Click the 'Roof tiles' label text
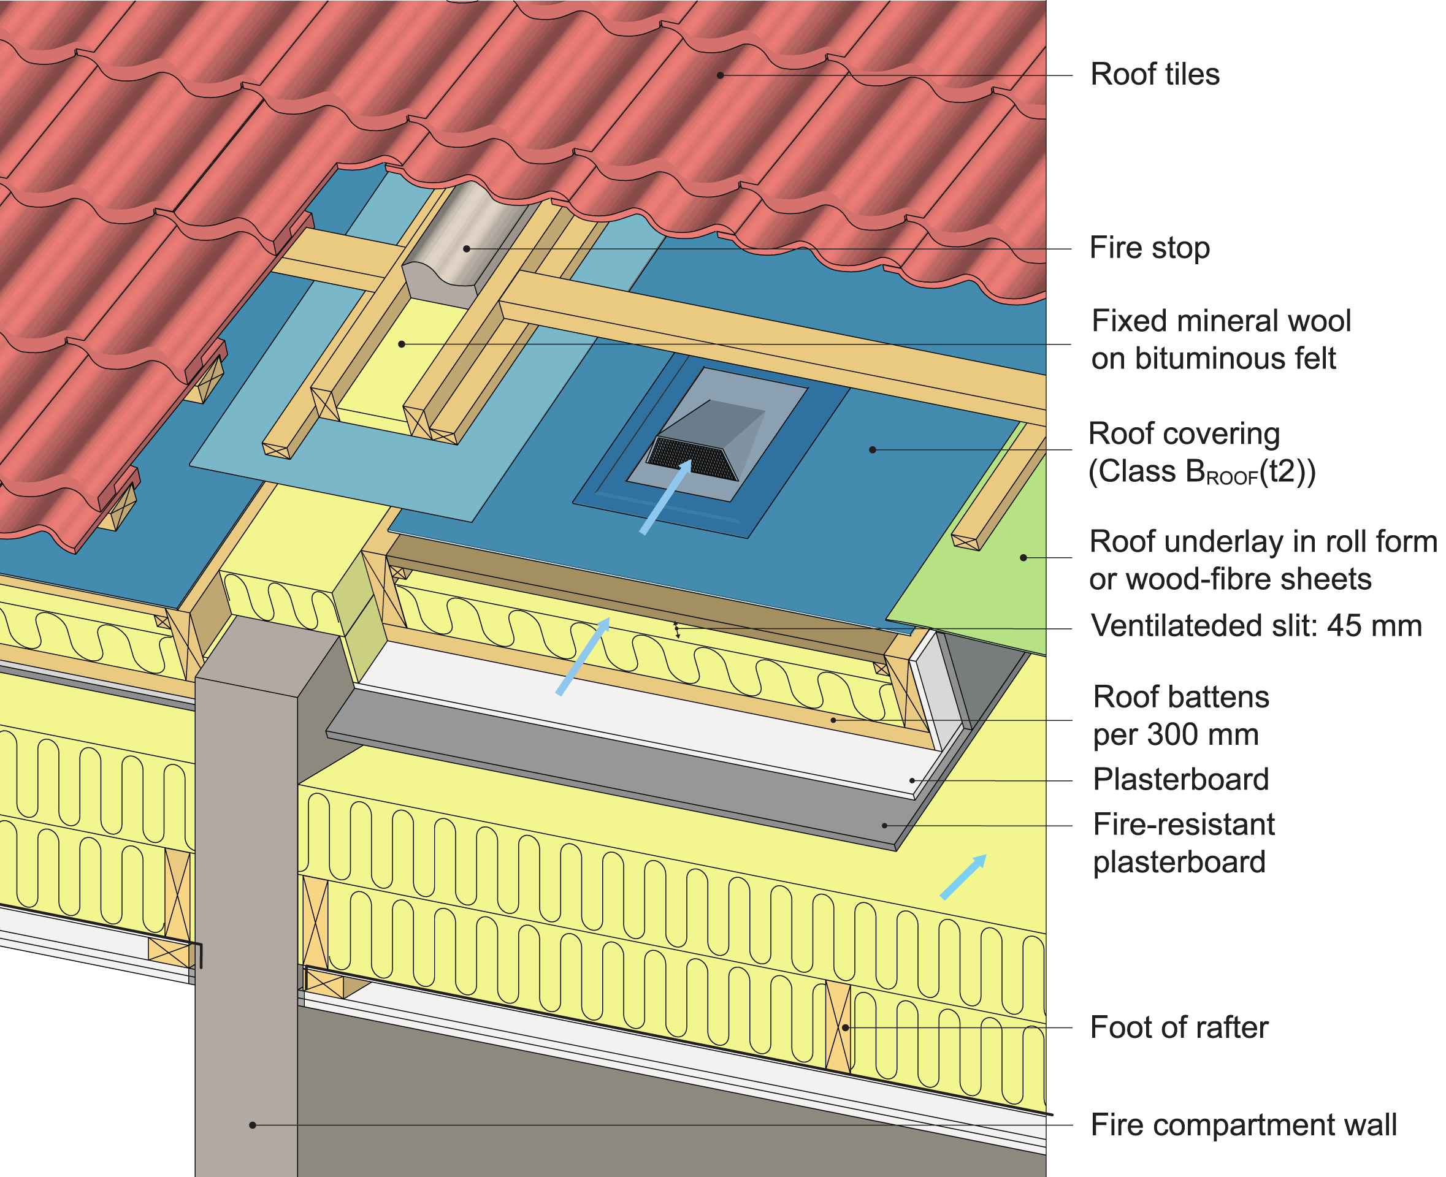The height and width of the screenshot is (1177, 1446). (1154, 75)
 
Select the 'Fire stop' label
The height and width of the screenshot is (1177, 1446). (1149, 248)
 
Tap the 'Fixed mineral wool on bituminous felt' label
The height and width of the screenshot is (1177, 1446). (1220, 339)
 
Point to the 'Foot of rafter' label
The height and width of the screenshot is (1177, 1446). (1179, 1027)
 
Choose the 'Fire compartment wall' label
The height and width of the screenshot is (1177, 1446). (1243, 1125)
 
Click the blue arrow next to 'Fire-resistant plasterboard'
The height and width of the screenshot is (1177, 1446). (963, 877)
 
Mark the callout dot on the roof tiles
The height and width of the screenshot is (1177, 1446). (721, 75)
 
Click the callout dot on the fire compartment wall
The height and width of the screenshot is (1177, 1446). (252, 1126)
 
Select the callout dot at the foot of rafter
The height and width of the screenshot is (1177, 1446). (845, 1028)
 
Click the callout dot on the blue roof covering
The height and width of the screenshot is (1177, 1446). (872, 449)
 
